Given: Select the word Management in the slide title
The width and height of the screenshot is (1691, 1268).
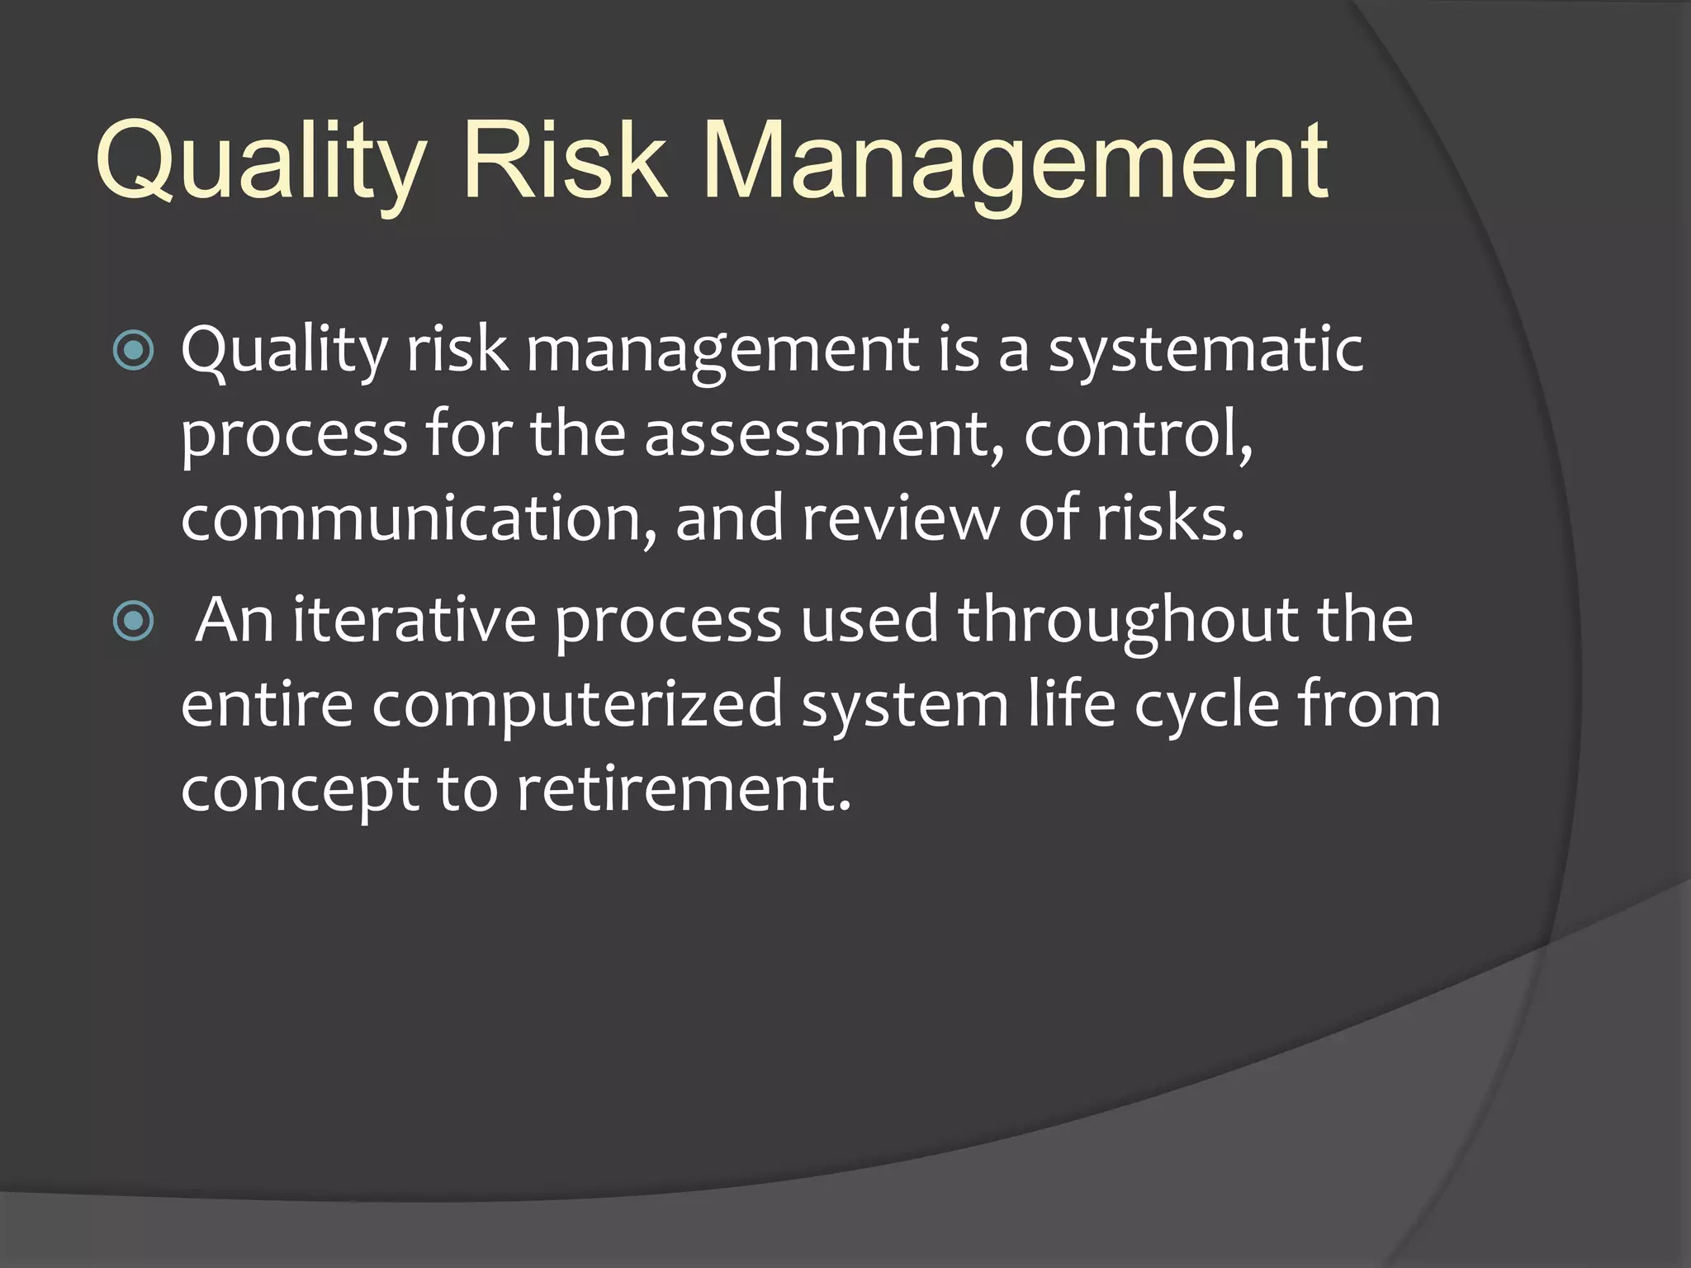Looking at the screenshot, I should pos(1016,161).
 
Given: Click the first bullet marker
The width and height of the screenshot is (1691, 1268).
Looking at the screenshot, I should pos(133,350).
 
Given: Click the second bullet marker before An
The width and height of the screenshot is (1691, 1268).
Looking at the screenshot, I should pos(133,621).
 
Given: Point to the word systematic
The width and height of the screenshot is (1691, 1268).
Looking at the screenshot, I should pos(1205,351).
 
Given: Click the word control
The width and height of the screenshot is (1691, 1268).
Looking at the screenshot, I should pos(1138,434).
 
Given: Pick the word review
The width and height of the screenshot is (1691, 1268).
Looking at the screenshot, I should pos(901,518).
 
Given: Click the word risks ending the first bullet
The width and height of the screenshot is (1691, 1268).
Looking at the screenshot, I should pos(1169,518).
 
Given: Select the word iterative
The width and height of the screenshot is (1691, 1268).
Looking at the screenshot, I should pos(414,621).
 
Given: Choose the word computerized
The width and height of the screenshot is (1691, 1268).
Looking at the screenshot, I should pos(577,707).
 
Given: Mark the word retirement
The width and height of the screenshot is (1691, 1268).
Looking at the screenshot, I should pos(684,790).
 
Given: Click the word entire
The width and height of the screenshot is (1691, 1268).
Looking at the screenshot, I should pos(267,705).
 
